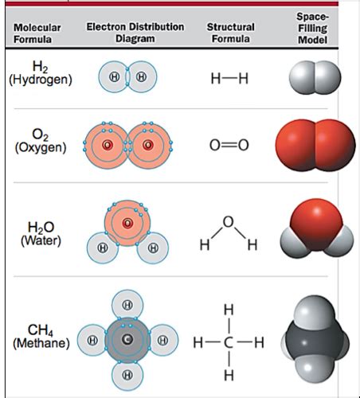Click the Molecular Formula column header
pos(37,33)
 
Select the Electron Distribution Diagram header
pos(135,33)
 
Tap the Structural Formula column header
pos(230,33)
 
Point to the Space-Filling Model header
pos(312,29)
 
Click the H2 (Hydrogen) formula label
pos(41,73)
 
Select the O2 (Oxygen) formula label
pos(41,141)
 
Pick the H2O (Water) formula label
pos(41,234)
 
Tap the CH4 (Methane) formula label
pos(41,337)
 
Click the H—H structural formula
pos(229,79)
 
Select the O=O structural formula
pos(229,145)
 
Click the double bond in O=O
pos(229,145)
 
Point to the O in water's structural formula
pos(229,222)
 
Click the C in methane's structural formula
pos(229,342)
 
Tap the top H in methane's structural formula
pos(229,310)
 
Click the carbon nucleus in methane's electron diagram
pos(127,339)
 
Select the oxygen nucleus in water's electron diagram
pos(127,223)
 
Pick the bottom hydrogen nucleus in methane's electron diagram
pos(127,375)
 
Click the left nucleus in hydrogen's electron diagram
pos(115,77)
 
